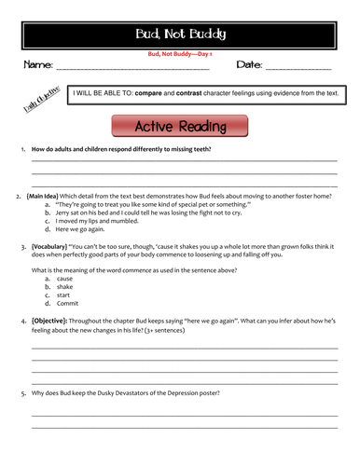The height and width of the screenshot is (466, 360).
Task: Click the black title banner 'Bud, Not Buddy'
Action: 180,34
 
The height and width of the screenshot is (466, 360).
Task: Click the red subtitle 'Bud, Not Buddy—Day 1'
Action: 180,54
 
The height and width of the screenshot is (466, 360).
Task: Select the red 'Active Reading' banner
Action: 180,127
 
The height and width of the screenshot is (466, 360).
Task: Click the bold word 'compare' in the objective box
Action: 150,94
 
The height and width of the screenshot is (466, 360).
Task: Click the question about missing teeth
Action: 121,150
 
